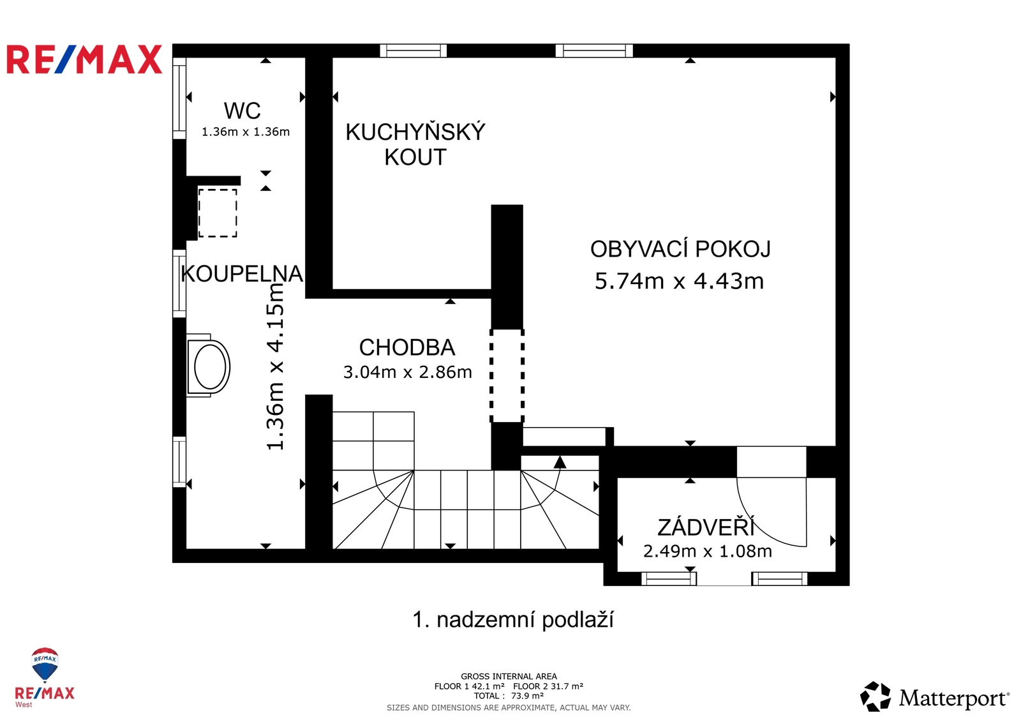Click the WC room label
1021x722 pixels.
242,110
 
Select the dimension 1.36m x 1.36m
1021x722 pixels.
246,132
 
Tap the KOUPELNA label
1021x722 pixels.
242,274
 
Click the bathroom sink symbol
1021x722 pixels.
209,367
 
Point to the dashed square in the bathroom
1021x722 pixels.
218,213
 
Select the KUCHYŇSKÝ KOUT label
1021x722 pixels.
415,144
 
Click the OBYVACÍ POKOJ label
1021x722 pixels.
680,249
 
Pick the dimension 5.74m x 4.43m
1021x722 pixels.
679,281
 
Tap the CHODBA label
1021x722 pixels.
407,347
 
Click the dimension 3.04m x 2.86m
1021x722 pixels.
407,372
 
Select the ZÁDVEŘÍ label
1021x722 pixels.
706,527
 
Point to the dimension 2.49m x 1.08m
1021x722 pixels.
707,551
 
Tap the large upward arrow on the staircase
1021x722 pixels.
560,462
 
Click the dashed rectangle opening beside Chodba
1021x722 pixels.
507,375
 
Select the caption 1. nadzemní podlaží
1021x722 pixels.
512,620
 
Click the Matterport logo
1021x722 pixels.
935,697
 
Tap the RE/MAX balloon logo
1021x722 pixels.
45,665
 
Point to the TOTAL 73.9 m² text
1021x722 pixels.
509,696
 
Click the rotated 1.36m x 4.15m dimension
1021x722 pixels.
275,367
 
